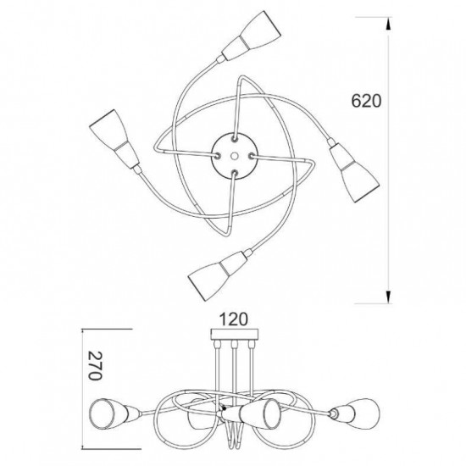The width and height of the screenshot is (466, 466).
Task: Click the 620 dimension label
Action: pos(366,101)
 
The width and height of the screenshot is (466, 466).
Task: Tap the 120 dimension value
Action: pos(233,319)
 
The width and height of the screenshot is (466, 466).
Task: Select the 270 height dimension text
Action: pos(96,365)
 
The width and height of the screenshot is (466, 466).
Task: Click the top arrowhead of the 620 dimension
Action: pos(388,24)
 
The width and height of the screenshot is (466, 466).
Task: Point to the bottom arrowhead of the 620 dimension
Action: pos(388,297)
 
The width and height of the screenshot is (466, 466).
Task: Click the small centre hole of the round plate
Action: pos(235,156)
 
